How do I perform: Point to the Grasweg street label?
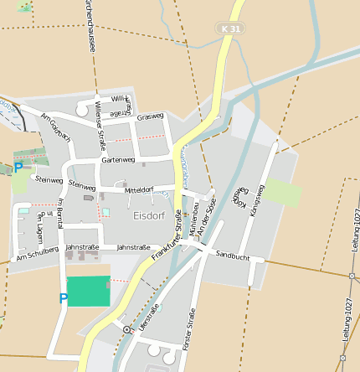pos(151,116)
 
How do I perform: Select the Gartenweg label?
pos(117,159)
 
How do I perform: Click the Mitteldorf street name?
pos(139,189)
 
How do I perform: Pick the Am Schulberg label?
pos(38,254)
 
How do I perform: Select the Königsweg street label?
pos(257,202)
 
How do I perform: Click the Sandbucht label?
pos(232,254)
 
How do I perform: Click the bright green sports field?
pos(88,291)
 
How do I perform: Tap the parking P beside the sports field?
pos(63,297)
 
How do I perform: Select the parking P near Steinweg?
pos(18,168)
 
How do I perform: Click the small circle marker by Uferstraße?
pos(126,330)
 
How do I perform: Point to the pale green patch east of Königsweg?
pos(283,192)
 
